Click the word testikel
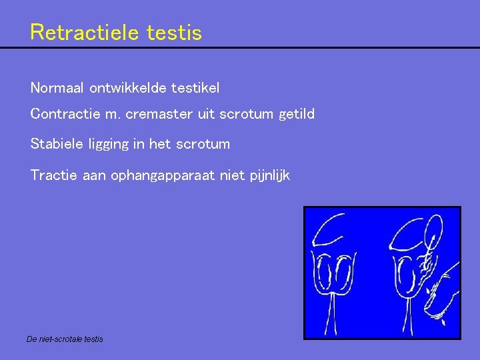(x=195, y=87)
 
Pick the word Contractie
(x=62, y=115)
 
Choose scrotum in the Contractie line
(x=248, y=115)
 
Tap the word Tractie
(x=53, y=175)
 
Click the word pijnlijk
(x=268, y=177)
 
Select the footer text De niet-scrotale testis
(x=65, y=339)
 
